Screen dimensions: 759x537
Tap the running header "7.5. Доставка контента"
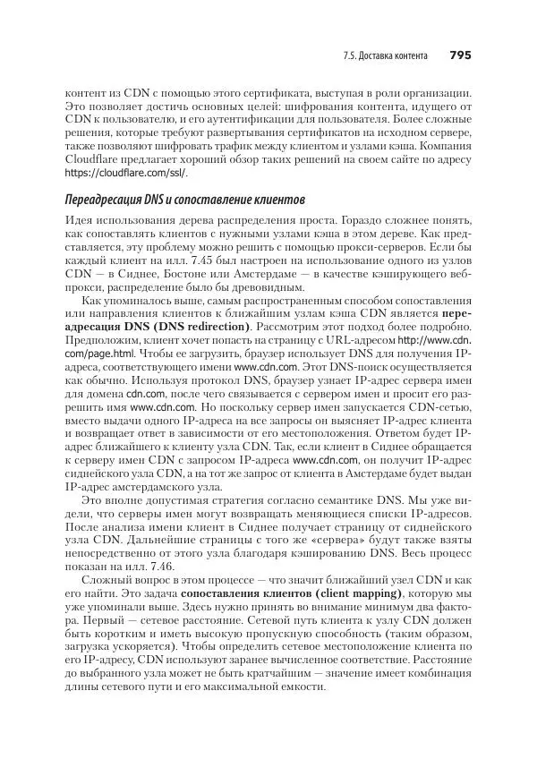tap(384, 55)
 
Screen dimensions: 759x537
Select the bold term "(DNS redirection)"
tap(194, 328)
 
